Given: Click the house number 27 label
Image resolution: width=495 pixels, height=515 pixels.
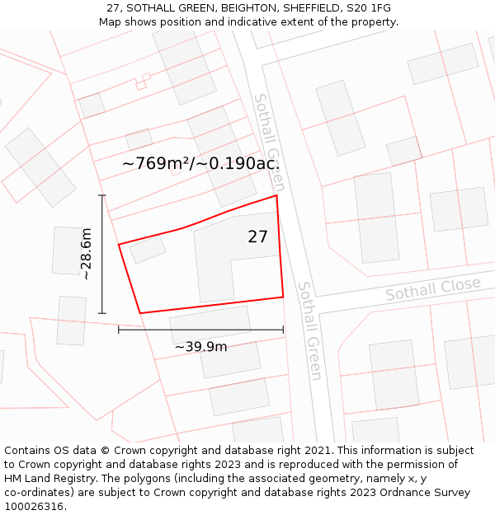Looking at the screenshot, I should (x=257, y=237).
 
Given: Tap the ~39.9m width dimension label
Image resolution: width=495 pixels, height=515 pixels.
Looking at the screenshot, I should (x=200, y=347).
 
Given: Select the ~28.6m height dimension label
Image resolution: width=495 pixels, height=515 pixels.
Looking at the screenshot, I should (x=86, y=254).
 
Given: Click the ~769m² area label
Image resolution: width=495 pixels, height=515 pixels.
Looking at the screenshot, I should (x=157, y=164).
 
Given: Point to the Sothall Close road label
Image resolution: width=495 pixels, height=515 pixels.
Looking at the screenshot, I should (x=432, y=289).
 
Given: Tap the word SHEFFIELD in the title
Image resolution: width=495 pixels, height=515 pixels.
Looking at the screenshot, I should (x=313, y=8).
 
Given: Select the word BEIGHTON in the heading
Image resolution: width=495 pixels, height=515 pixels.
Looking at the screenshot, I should (x=240, y=8).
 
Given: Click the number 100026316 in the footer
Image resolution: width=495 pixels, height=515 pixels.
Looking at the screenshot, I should (x=34, y=506).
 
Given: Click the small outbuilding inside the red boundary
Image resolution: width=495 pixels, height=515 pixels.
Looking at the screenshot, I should (x=148, y=248).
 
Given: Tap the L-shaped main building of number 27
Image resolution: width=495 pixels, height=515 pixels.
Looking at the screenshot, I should (x=216, y=262).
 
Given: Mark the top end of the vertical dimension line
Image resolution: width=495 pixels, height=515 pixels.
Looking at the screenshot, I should (x=102, y=195).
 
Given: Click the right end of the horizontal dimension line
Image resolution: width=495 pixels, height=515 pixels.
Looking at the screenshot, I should (x=283, y=330).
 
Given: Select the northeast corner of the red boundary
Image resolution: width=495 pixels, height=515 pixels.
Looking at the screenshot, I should (x=276, y=195).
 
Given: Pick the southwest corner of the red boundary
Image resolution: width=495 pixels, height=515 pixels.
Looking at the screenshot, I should (x=140, y=313).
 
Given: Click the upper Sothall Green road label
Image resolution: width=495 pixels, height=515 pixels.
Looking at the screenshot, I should (x=269, y=130).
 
